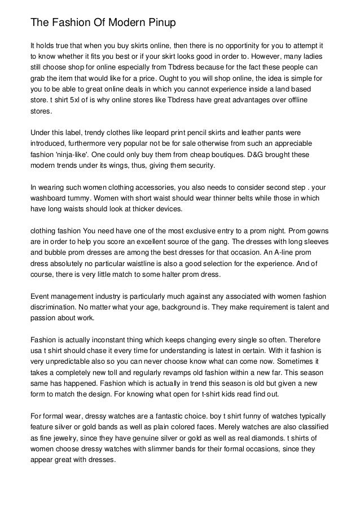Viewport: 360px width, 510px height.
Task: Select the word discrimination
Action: coord(54,308)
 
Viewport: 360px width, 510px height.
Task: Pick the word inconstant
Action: coord(94,341)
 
